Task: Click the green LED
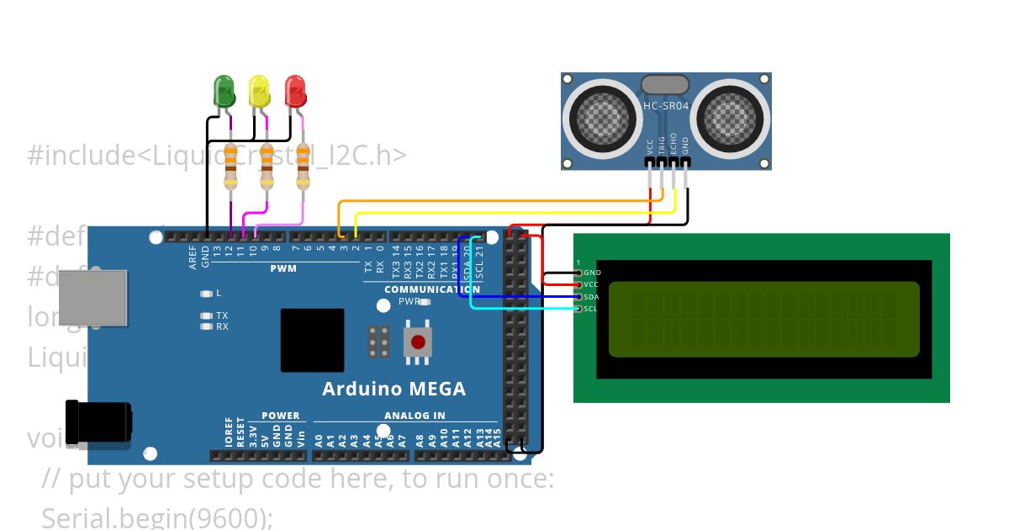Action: (225, 91)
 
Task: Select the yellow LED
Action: (259, 91)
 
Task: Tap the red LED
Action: (294, 91)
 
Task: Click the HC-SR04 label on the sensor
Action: (666, 106)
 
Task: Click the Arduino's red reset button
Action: (417, 342)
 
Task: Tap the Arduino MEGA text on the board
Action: (394, 390)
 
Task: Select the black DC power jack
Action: (98, 422)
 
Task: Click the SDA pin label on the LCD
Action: (591, 297)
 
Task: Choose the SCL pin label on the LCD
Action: (591, 309)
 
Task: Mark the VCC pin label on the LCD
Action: (591, 284)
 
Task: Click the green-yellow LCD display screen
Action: (763, 319)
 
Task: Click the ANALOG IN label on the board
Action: (415, 416)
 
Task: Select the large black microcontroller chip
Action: (312, 340)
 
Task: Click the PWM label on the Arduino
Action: (283, 269)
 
